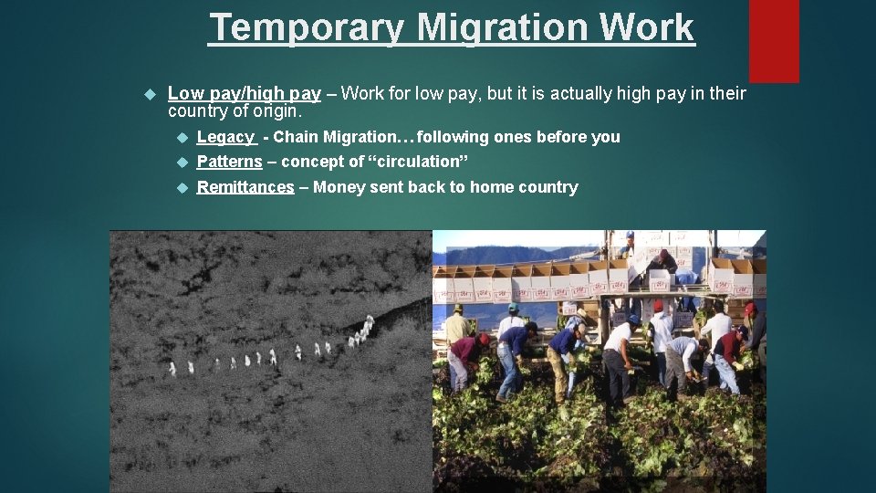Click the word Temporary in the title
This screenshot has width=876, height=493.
point(306,27)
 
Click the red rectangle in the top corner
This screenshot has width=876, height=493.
point(774,41)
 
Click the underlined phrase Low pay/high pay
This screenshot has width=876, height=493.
point(245,93)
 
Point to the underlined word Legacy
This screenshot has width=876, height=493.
point(225,137)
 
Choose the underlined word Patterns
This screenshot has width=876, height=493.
point(230,162)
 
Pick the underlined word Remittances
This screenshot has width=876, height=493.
point(245,187)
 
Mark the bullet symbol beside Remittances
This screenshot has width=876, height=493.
point(181,187)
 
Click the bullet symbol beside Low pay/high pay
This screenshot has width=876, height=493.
point(151,93)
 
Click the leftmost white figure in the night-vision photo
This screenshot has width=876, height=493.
point(172,368)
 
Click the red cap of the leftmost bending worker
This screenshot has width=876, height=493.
point(483,338)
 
